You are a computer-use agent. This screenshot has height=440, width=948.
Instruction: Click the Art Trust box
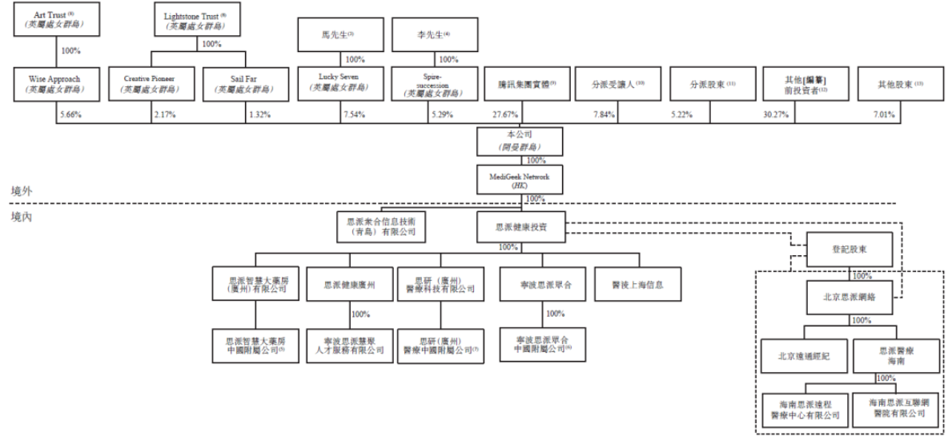click(x=58, y=20)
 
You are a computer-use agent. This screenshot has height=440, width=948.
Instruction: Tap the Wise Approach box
click(x=58, y=84)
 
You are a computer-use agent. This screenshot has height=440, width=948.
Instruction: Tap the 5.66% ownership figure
click(x=70, y=115)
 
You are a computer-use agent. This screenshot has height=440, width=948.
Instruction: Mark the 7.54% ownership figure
click(x=353, y=115)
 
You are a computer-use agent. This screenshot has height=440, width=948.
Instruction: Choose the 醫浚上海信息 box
click(x=639, y=283)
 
